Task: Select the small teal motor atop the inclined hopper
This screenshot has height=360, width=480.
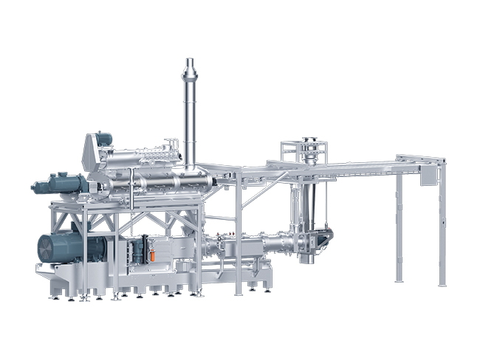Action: (103, 138)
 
